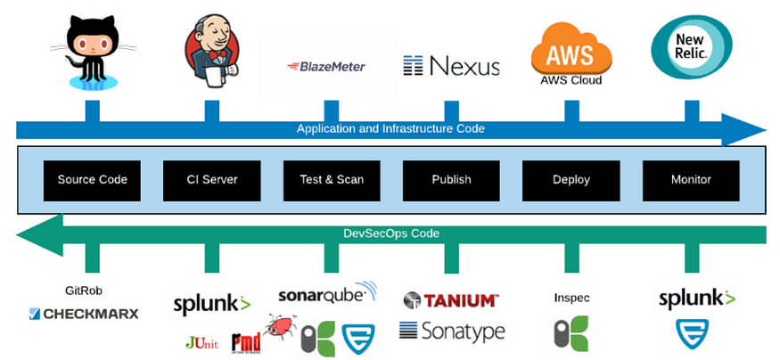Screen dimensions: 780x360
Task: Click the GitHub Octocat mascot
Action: tap(93, 53)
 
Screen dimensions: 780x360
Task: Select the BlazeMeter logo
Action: tap(326, 66)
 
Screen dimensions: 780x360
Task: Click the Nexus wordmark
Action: tap(451, 66)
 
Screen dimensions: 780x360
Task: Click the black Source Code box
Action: tap(92, 180)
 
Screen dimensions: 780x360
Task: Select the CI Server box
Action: tap(212, 180)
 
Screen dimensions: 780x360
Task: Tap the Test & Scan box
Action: tap(332, 180)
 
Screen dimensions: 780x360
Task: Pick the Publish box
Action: tap(451, 180)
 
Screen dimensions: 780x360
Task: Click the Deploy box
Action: tap(571, 180)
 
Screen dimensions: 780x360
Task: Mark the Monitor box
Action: tap(691, 180)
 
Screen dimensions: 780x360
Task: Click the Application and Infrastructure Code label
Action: tap(390, 129)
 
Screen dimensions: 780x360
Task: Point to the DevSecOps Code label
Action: tap(391, 233)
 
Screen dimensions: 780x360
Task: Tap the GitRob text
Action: tap(84, 290)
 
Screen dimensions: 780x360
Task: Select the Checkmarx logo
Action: tap(84, 314)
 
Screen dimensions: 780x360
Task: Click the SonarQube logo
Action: tap(327, 293)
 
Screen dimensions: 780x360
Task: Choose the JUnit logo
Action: tap(201, 343)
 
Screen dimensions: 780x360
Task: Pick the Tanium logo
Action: tap(451, 299)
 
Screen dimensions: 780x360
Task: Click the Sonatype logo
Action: tap(452, 331)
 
